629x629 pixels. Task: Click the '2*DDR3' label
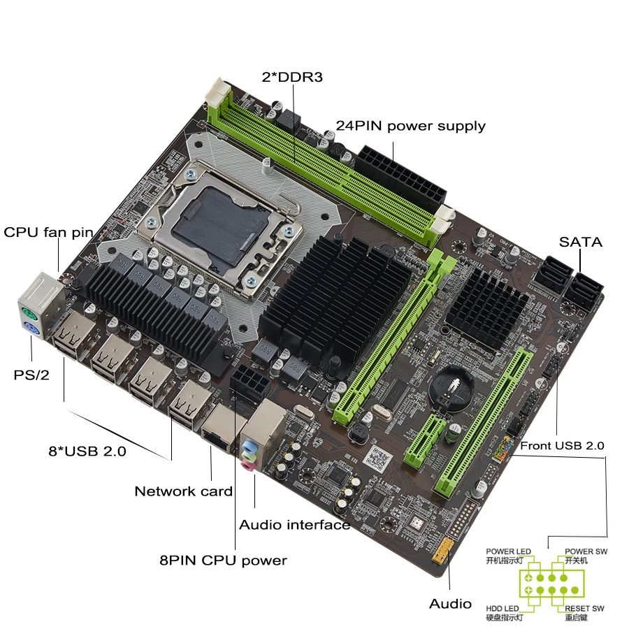click(x=292, y=78)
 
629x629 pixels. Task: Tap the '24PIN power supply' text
click(x=410, y=126)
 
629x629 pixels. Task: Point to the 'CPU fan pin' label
click(x=48, y=232)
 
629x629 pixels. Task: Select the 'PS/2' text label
click(x=31, y=375)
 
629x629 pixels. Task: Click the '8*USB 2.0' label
click(x=87, y=451)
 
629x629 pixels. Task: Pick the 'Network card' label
click(x=183, y=491)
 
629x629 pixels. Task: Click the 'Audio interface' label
click(x=294, y=524)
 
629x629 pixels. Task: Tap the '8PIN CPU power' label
click(x=223, y=560)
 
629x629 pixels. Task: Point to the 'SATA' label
click(x=580, y=243)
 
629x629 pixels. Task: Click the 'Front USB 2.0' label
click(x=563, y=445)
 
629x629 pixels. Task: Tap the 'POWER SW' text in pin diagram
click(x=586, y=551)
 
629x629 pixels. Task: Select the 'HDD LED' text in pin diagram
click(x=503, y=609)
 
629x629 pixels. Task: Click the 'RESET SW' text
click(x=586, y=609)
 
